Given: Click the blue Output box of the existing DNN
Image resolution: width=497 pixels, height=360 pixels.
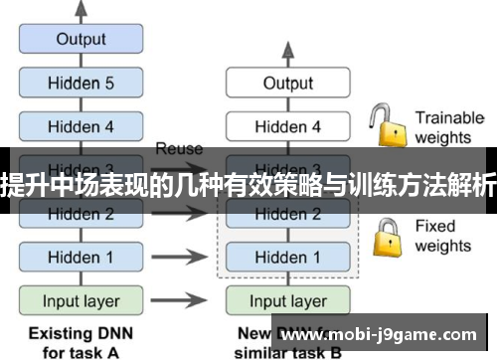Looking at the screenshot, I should (81, 40).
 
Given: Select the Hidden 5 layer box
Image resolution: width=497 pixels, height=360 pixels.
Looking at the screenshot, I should (81, 84).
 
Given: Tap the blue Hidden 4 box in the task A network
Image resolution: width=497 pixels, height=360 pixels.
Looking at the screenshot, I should (81, 126).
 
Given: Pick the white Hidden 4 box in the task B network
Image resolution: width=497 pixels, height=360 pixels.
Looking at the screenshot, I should (287, 126).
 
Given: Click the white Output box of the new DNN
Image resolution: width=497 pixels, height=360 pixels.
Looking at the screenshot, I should (287, 84).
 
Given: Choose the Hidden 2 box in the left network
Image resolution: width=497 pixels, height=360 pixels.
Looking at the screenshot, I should (81, 213).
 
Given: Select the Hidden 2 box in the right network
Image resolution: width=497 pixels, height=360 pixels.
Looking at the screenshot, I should (287, 213).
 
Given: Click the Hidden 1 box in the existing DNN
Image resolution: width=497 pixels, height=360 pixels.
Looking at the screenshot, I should (81, 257).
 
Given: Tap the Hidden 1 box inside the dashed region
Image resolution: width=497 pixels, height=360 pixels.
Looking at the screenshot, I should (287, 257).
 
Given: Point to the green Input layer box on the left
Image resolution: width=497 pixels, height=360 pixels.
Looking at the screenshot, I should (81, 300).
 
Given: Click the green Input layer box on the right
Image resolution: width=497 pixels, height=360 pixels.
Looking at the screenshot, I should (287, 300).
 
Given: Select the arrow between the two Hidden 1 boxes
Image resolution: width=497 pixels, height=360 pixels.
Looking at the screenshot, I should (185, 257).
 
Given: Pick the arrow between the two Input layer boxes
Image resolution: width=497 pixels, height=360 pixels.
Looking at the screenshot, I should (185, 300).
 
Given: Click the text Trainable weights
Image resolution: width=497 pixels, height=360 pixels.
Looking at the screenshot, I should (448, 127).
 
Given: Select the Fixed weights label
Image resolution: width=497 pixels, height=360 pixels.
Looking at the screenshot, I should (442, 236).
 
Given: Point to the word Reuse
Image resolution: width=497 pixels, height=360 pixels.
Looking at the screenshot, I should (179, 148).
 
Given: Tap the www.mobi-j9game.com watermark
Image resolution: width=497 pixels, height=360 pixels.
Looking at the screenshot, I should (382, 336).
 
